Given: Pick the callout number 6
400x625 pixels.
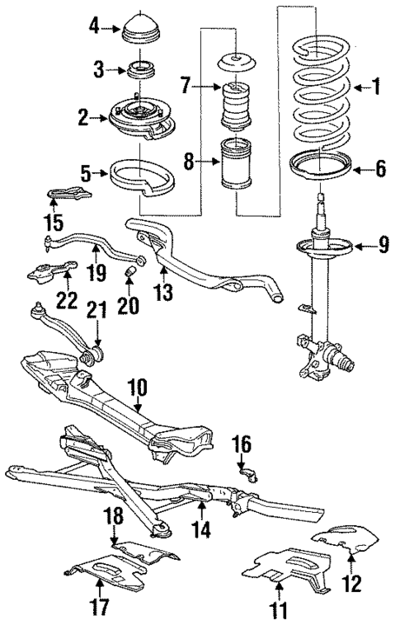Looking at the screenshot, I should pyautogui.click(x=380, y=171).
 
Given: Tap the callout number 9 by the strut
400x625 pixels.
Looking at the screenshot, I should pyautogui.click(x=384, y=246).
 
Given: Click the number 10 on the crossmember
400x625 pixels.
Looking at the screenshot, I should pyautogui.click(x=136, y=384).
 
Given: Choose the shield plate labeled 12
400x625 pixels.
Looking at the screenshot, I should pyautogui.click(x=346, y=542).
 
